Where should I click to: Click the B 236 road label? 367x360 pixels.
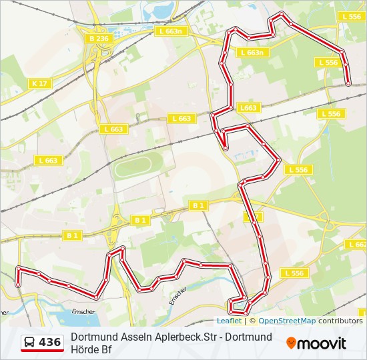(x=98, y=39)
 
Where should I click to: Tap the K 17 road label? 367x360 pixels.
(x=39, y=83)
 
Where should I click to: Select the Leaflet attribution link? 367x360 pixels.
(x=228, y=321)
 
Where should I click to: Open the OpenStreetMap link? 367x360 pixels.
(x=287, y=321)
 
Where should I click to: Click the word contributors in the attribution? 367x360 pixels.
(x=340, y=321)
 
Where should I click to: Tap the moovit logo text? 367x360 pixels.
(x=322, y=343)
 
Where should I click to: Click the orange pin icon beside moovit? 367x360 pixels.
(x=292, y=343)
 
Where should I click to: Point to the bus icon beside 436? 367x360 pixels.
(x=30, y=343)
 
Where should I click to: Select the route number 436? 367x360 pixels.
(x=50, y=343)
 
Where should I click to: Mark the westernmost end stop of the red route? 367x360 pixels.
(x=18, y=284)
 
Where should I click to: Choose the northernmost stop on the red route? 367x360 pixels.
(x=282, y=14)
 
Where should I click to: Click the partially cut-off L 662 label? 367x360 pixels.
(x=357, y=245)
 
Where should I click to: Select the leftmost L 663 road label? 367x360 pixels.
(x=49, y=161)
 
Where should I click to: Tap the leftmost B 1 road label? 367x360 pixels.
(x=72, y=235)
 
